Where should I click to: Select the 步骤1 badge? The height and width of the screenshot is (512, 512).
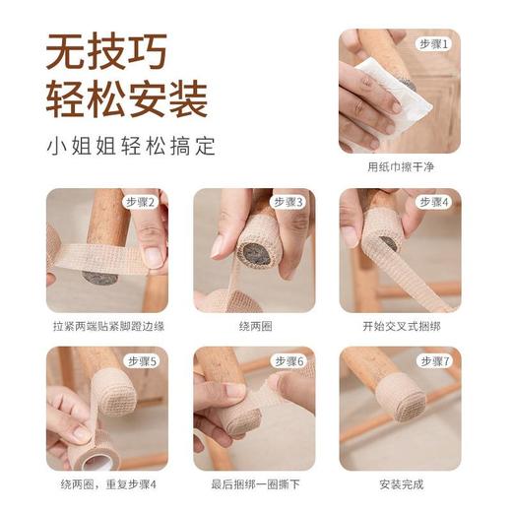tap(433, 44)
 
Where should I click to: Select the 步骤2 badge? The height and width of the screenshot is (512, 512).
tap(141, 202)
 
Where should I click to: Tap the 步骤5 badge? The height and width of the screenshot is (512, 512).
tap(141, 361)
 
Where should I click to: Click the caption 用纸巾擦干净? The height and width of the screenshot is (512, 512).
tap(400, 167)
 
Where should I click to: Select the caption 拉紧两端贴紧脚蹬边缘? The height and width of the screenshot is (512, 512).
tap(106, 326)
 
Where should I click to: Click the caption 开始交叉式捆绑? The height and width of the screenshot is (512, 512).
tap(400, 326)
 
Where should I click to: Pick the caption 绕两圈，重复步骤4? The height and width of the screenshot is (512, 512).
tap(106, 484)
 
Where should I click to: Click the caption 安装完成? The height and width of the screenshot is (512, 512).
tap(400, 484)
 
